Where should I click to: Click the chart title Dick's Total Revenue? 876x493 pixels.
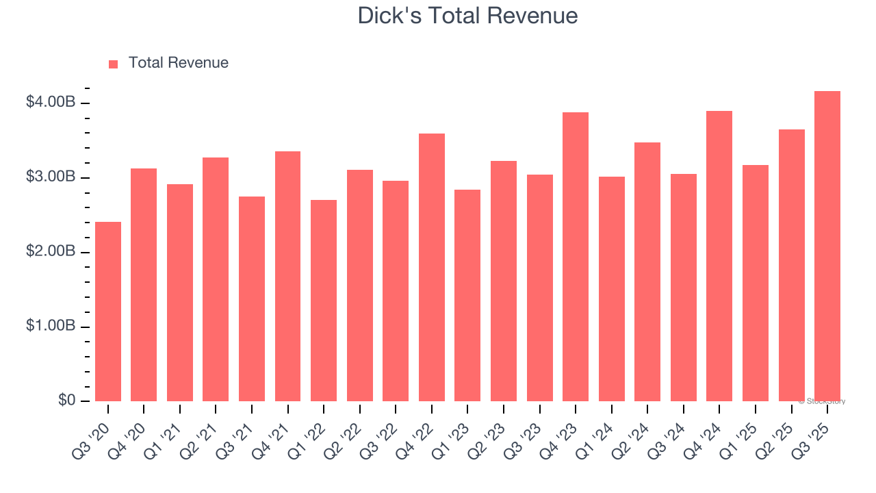click(467, 16)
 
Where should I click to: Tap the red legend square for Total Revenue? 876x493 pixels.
click(114, 64)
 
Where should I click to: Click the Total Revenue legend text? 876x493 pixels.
click(178, 63)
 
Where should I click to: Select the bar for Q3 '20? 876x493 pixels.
click(108, 312)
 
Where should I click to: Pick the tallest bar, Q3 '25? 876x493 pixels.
click(827, 246)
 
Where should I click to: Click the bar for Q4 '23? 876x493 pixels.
click(576, 257)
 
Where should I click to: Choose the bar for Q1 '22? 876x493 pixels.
click(324, 301)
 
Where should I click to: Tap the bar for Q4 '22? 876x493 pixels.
click(432, 268)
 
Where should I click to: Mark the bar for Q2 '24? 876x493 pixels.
click(647, 272)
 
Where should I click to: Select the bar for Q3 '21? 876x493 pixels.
click(252, 299)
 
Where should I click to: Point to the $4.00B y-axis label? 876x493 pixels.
click(51, 102)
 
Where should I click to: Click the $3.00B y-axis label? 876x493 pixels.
click(51, 177)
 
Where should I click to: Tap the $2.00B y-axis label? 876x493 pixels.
click(51, 251)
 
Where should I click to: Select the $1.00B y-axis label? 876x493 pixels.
click(51, 326)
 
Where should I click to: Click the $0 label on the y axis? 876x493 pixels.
click(66, 401)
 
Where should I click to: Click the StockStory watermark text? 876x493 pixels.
click(822, 401)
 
